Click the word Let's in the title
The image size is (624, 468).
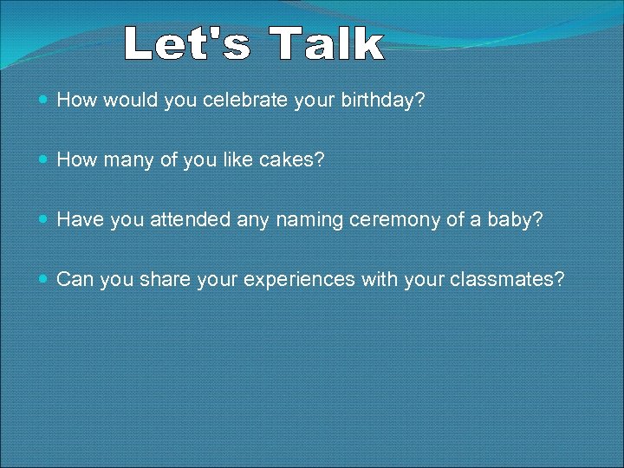click(x=187, y=44)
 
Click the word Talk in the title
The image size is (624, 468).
click(x=326, y=44)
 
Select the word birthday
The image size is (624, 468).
click(x=378, y=101)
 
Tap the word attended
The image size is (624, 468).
click(x=192, y=220)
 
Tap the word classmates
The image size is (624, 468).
click(x=510, y=280)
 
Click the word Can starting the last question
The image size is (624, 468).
click(x=75, y=280)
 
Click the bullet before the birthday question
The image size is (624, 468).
click(x=44, y=101)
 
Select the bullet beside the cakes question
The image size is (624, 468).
click(x=44, y=161)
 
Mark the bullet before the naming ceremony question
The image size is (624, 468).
click(x=44, y=221)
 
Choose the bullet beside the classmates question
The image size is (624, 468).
click(x=44, y=281)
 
